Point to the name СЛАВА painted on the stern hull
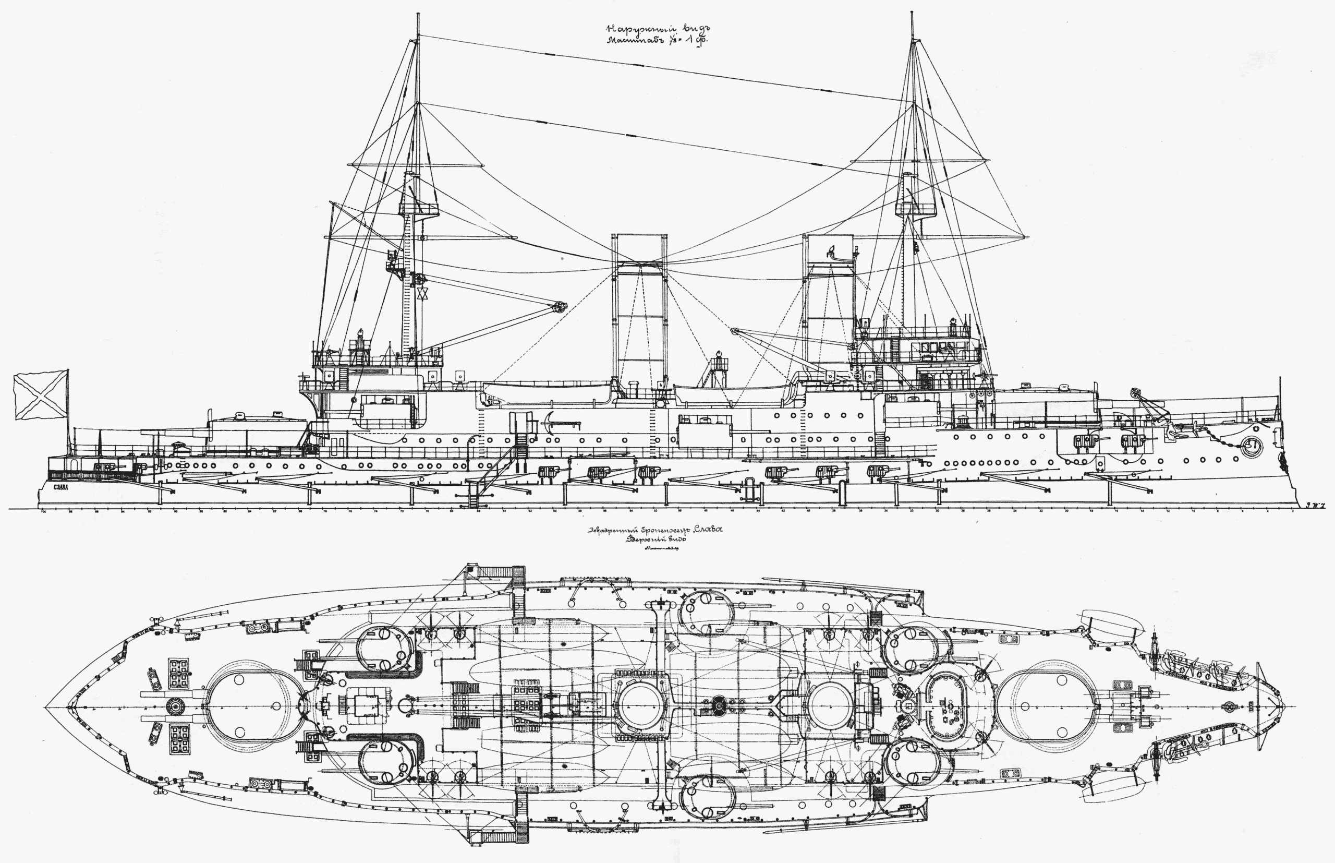(60, 487)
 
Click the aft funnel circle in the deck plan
(643, 705)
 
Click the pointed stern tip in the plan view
(48, 707)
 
